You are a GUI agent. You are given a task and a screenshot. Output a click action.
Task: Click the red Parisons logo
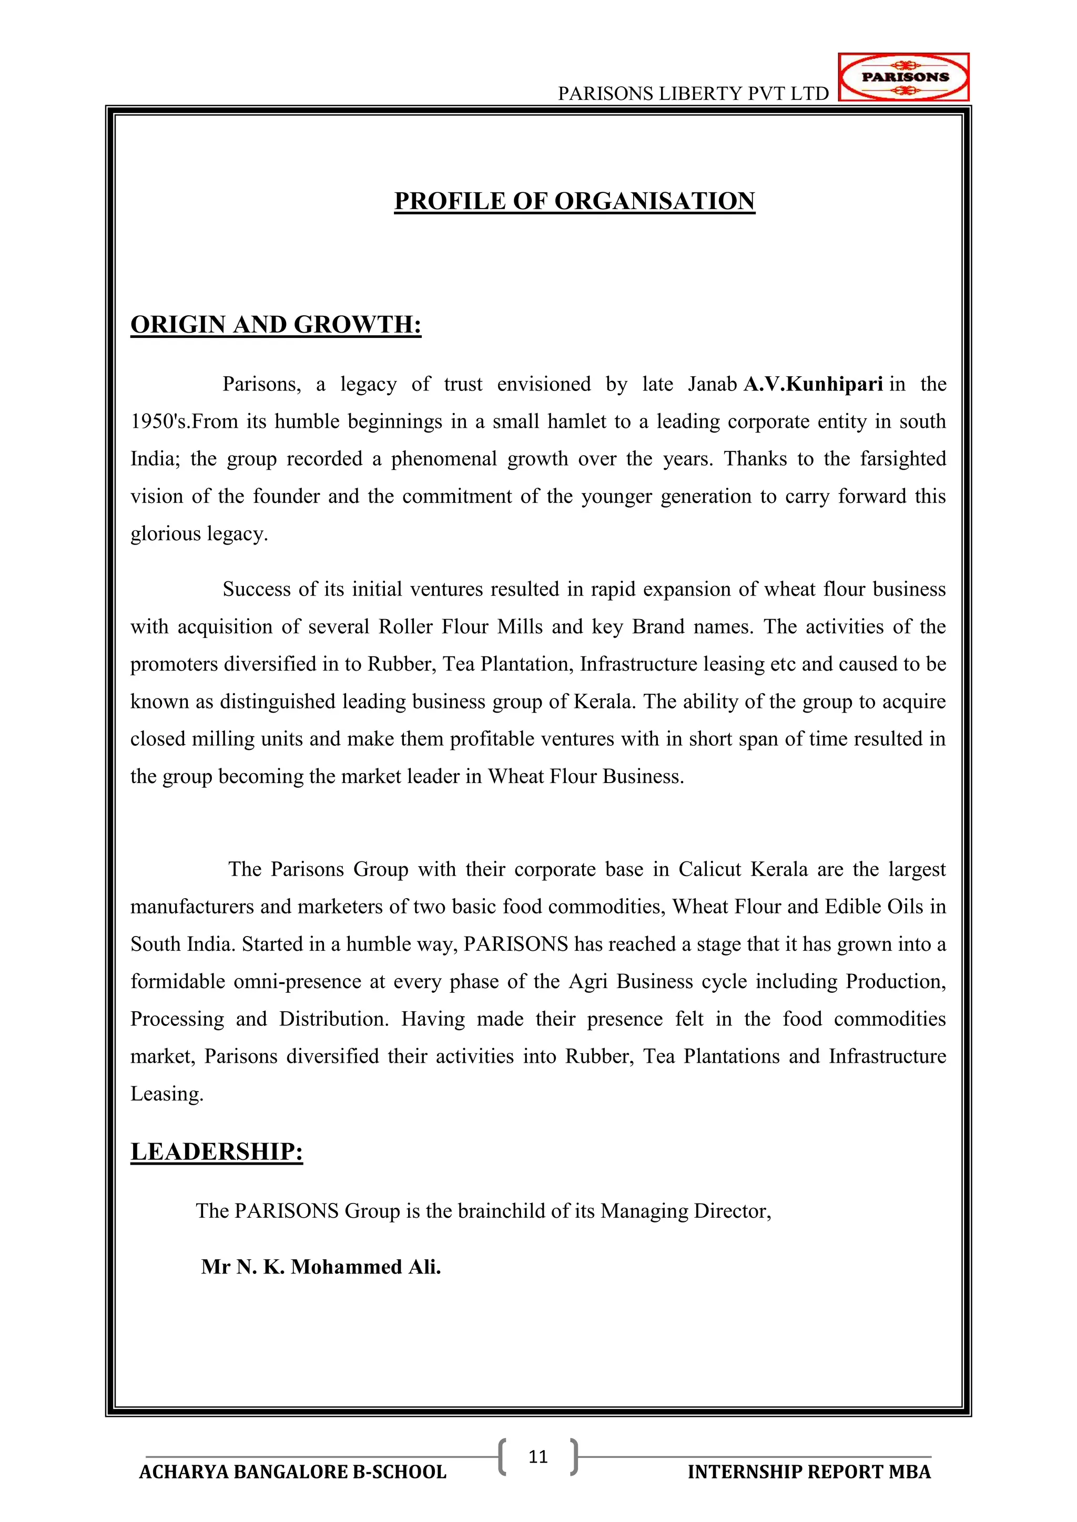pos(904,77)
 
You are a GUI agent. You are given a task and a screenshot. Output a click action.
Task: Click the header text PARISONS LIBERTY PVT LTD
pos(693,94)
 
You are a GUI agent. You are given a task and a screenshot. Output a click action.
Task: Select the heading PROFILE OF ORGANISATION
pos(574,201)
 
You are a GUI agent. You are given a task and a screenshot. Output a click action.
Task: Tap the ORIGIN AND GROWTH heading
pos(276,324)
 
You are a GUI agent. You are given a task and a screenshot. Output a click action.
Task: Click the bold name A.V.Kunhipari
pos(813,384)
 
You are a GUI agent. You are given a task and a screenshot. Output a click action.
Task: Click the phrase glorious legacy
pos(199,533)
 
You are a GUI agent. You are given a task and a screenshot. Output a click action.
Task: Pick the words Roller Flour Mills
pos(460,626)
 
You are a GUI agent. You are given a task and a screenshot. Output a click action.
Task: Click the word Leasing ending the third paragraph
pos(167,1094)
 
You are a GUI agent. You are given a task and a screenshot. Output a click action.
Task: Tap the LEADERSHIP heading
pos(216,1151)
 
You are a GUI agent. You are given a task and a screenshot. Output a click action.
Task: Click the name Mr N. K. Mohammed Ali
pos(321,1267)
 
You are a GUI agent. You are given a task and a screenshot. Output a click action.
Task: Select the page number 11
pos(538,1456)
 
